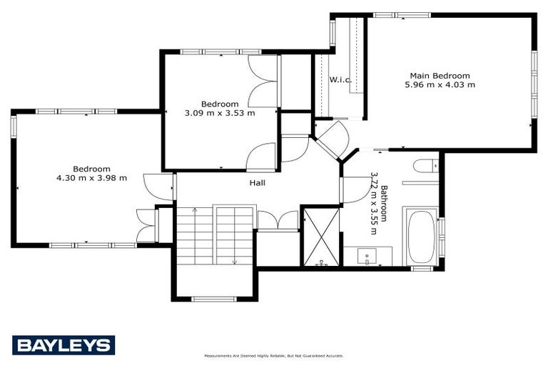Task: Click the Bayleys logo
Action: pos(63,345)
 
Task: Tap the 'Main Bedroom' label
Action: pos(440,76)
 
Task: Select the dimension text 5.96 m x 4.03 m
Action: pos(440,85)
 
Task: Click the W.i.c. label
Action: pos(340,79)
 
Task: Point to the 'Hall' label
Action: pos(257,183)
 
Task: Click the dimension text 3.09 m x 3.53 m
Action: pos(220,113)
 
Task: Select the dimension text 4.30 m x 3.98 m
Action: pos(91,178)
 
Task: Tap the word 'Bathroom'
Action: pos(384,204)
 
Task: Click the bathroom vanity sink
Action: pos(368,255)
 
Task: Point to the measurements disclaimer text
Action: pos(274,355)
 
